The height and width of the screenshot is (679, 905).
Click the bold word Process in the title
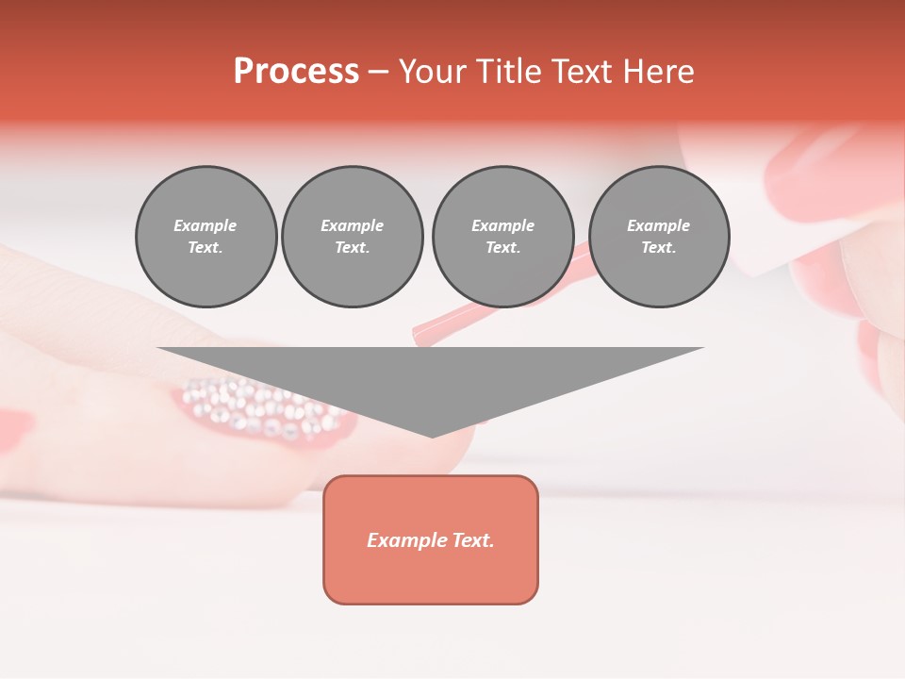pos(296,72)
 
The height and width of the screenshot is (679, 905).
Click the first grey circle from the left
pos(206,237)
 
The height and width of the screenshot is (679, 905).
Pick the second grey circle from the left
pos(353,237)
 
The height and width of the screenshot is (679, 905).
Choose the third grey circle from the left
pos(502,237)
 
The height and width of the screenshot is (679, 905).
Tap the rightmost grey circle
pos(659,237)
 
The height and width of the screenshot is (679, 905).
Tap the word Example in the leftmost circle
pos(206,225)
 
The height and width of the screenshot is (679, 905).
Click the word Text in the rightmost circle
pos(658,248)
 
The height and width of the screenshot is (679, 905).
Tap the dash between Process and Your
pos(379,72)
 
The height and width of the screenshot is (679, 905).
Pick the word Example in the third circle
pos(502,225)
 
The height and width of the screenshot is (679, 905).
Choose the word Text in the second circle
pos(352,248)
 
